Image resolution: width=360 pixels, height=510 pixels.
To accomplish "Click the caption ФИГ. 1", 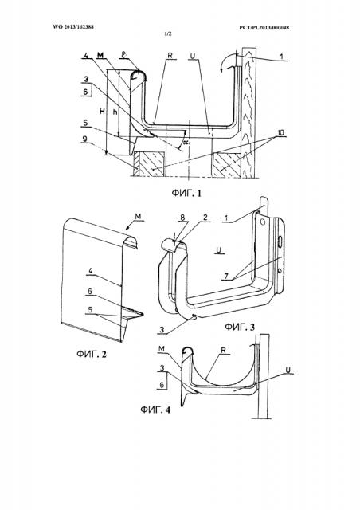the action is (x=186, y=193).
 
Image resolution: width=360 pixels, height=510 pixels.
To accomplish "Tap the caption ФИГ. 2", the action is (x=92, y=354).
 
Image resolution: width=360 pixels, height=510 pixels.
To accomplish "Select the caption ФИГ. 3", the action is (x=240, y=327).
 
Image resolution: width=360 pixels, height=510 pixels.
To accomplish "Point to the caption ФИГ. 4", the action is (x=155, y=409).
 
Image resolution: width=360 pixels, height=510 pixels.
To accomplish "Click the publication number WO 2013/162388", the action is (x=73, y=27).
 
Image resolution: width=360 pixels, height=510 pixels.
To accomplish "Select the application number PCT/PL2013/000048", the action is (x=264, y=28).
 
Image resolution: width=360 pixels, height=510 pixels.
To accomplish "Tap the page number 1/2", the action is (x=169, y=33).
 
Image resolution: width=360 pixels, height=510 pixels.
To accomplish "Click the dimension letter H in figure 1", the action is (x=102, y=112).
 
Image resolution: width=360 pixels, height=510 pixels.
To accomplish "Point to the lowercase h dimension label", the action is (x=115, y=112).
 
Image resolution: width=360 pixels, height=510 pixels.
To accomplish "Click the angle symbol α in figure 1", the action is (x=186, y=142).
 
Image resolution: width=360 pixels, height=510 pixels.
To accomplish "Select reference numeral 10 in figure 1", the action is (x=280, y=133).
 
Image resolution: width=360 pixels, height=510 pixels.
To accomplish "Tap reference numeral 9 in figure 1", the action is (x=85, y=139).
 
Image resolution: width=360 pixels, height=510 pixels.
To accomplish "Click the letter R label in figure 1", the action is (x=170, y=56).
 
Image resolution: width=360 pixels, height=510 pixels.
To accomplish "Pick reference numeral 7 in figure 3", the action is (x=226, y=277).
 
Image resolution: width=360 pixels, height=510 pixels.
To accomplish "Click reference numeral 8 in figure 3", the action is (x=184, y=218).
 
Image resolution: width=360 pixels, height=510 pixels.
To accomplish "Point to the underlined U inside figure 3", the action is (x=219, y=249).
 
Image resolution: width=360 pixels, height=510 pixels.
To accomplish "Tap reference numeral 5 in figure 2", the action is (x=91, y=310).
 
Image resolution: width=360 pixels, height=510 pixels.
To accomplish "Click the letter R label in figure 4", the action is (x=224, y=351).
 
